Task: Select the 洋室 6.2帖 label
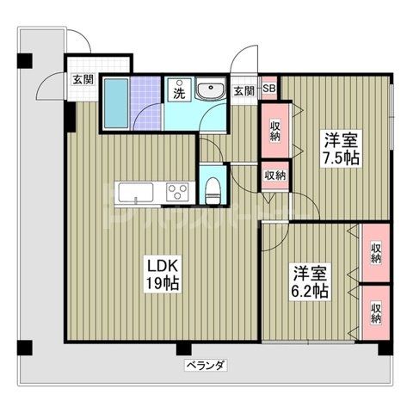pyautogui.click(x=308, y=281)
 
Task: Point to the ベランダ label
pyautogui.click(x=206, y=366)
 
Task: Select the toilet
pyautogui.click(x=211, y=188)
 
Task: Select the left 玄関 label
pyautogui.click(x=83, y=80)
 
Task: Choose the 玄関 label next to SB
pyautogui.click(x=243, y=89)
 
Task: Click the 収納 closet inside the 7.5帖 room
pyautogui.click(x=274, y=131)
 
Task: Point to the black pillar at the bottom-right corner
pyautogui.click(x=383, y=349)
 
